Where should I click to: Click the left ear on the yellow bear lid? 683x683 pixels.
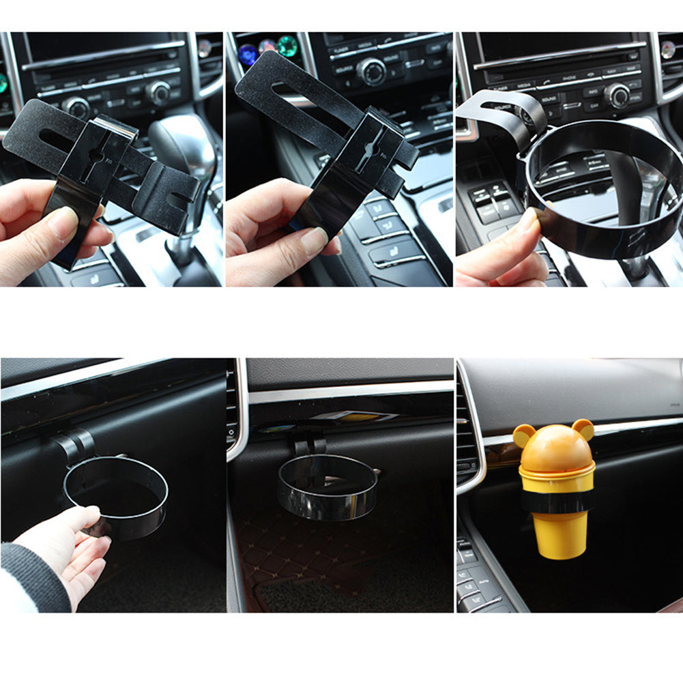[x=523, y=435]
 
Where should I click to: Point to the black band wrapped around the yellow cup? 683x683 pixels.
[x=556, y=502]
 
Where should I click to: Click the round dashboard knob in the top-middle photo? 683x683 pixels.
[x=371, y=71]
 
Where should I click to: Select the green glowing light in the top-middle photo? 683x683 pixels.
[x=287, y=46]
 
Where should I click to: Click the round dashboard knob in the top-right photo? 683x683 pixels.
[x=617, y=95]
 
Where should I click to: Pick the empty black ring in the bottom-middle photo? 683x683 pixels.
[x=328, y=488]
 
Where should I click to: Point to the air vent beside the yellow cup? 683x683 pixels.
[x=467, y=437]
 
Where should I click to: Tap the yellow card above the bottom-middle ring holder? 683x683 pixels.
[x=362, y=417]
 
